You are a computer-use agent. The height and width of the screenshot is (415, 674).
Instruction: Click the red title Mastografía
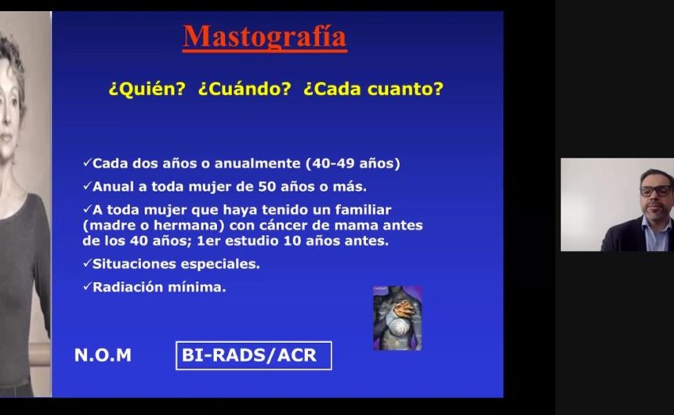point(264,38)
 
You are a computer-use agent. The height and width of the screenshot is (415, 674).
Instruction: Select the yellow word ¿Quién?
point(147,89)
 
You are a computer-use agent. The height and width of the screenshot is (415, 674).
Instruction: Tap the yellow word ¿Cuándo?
point(245,89)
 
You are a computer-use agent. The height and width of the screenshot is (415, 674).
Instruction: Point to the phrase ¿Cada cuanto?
point(373,89)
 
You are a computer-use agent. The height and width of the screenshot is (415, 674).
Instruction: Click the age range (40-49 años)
point(353,164)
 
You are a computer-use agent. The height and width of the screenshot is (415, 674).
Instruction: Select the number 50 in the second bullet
point(266,187)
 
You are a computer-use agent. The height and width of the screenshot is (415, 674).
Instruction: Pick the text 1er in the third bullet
point(208,241)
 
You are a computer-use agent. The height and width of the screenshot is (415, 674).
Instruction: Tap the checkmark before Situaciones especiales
point(87,263)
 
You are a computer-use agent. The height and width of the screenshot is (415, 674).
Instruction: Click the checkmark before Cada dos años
point(87,162)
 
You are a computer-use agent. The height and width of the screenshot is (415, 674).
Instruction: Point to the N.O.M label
point(103,355)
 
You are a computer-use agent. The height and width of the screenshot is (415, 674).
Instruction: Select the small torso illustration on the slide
point(397,318)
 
